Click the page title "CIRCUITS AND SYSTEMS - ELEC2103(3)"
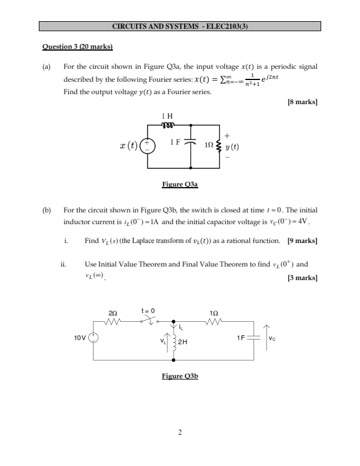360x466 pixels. [180, 26]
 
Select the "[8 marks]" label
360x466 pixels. [302, 102]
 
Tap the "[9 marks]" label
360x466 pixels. [302, 241]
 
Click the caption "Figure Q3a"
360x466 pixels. [180, 184]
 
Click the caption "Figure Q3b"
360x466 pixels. [180, 376]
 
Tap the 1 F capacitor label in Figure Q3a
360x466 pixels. [175, 142]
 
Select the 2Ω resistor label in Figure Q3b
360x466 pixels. [113, 312]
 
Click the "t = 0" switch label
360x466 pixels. [148, 309]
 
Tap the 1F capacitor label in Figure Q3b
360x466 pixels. [241, 338]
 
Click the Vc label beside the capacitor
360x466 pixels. [272, 338]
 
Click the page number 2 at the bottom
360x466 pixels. [180, 432]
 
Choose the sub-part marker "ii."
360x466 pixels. [64, 264]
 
